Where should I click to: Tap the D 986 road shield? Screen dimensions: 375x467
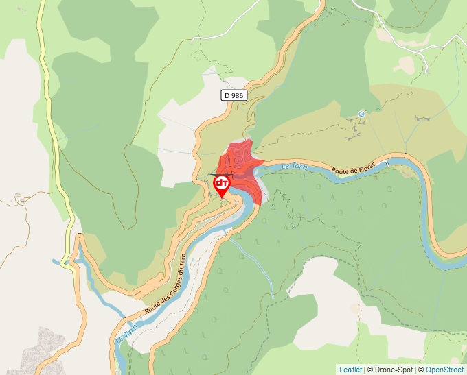[234, 96]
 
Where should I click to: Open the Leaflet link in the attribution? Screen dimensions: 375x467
[350, 370]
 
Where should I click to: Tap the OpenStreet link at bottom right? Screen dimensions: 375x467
[446, 370]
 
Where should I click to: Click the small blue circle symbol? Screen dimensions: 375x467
[361, 114]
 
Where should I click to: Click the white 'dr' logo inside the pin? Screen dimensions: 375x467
[222, 183]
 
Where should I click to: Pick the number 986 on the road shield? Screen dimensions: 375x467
[238, 96]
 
